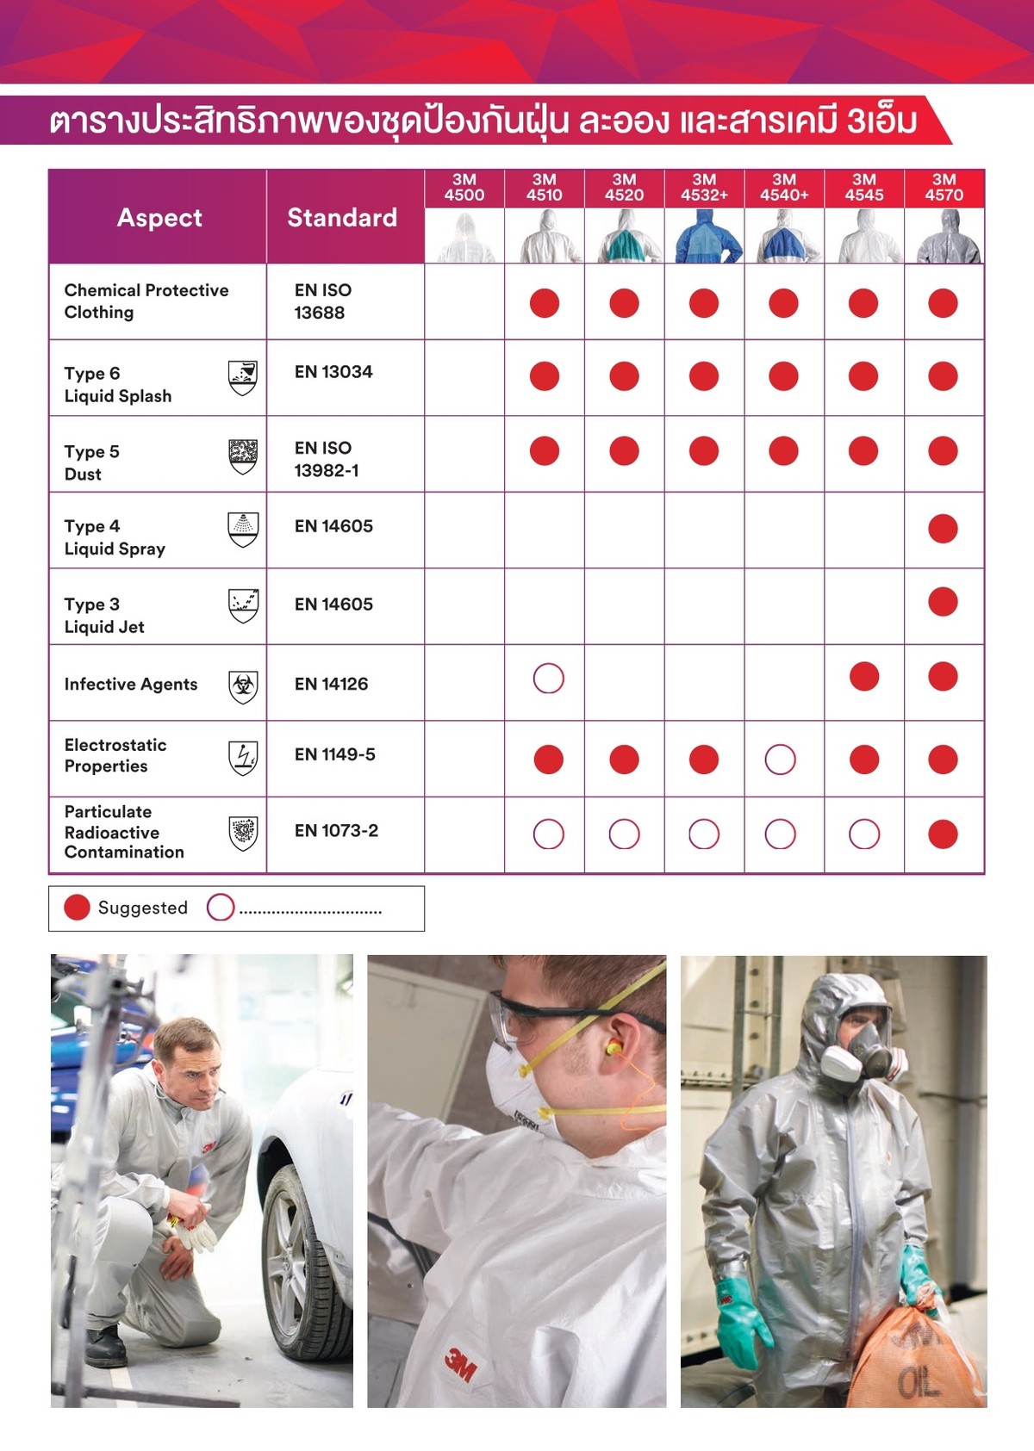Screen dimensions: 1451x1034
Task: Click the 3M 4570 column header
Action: [944, 188]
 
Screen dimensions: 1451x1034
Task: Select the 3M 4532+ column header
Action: [704, 188]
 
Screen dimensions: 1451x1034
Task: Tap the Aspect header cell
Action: [159, 217]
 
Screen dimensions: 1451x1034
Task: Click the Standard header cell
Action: [342, 217]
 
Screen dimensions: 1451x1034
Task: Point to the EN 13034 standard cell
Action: [333, 372]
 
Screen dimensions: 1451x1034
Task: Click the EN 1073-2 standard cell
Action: [336, 831]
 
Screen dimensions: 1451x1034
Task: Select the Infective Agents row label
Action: [131, 685]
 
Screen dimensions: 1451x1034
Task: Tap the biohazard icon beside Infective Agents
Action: [243, 686]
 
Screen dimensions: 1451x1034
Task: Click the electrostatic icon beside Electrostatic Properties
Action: [243, 757]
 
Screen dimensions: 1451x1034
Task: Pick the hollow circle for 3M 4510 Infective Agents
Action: [549, 679]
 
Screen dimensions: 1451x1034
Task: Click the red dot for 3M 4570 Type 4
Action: [943, 529]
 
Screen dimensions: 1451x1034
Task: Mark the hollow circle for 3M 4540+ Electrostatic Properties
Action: [781, 760]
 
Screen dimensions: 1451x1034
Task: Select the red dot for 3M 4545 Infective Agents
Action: [864, 677]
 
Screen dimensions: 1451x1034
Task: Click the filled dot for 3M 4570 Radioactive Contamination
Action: [943, 834]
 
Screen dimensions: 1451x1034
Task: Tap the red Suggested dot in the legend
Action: [78, 908]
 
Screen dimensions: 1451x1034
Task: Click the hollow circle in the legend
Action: [221, 908]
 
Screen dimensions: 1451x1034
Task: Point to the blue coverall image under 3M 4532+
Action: [704, 237]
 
